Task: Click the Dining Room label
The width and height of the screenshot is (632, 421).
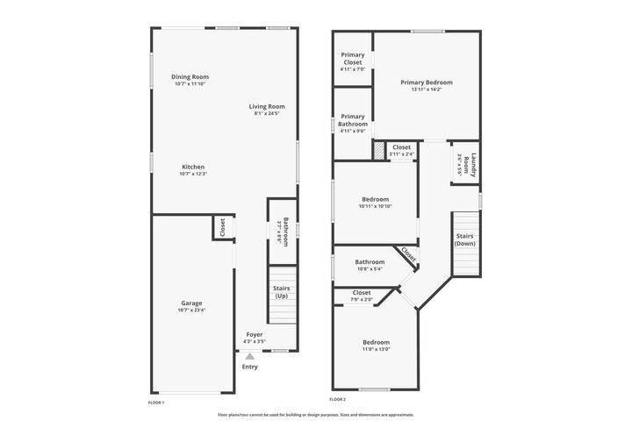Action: click(190, 77)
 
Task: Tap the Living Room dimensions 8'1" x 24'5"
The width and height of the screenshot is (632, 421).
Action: click(269, 114)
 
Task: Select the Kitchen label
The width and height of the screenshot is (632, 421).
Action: click(193, 167)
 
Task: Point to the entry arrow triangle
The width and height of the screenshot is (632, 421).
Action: click(250, 356)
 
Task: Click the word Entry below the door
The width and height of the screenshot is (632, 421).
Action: click(250, 367)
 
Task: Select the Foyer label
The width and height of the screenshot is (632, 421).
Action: click(255, 334)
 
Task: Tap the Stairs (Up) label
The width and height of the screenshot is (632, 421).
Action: click(282, 292)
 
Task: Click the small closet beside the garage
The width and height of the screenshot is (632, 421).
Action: click(222, 228)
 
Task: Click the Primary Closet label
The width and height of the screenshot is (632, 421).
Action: click(352, 59)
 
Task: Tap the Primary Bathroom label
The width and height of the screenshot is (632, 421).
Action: click(352, 120)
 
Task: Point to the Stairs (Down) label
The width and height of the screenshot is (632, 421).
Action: click(465, 239)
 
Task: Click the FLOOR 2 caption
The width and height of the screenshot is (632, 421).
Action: click(338, 400)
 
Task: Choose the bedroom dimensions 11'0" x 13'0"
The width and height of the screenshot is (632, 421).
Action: click(375, 349)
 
